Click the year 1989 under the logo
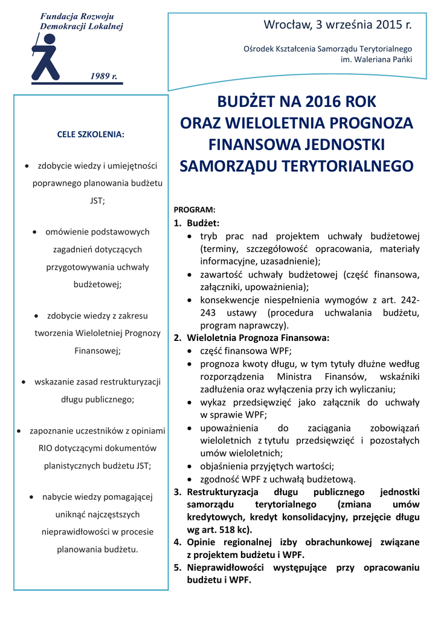(x=103, y=76)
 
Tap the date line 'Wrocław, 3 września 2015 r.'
(x=337, y=25)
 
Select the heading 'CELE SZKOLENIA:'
(x=91, y=134)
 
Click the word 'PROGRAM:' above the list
(x=195, y=210)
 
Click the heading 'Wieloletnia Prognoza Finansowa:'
(x=258, y=338)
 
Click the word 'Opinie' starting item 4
(x=201, y=542)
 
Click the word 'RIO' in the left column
(x=46, y=448)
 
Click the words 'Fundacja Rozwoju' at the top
(x=77, y=16)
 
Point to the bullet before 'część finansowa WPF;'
(x=191, y=351)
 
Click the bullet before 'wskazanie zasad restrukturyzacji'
(x=24, y=382)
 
